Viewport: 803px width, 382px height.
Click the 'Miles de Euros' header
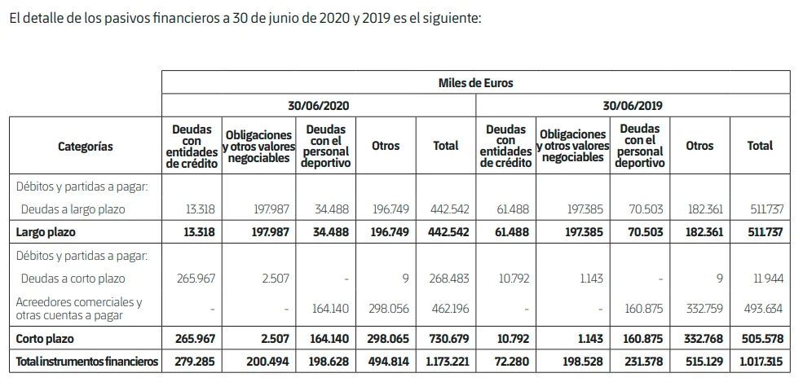coord(475,82)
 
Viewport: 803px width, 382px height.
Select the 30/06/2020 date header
coord(318,106)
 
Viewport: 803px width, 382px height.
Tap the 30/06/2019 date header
coord(632,106)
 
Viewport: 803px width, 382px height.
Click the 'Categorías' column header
coord(85,146)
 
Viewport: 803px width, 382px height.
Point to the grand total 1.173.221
coord(445,359)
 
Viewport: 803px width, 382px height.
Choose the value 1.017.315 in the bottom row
coord(760,359)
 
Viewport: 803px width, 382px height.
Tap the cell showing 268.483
coord(448,279)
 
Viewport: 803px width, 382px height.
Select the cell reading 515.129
coord(702,359)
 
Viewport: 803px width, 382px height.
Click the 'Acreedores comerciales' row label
coord(80,308)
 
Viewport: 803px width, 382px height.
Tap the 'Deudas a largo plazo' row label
coord(73,209)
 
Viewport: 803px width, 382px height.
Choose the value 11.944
coord(767,279)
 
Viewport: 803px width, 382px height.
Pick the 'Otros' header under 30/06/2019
coord(699,146)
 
